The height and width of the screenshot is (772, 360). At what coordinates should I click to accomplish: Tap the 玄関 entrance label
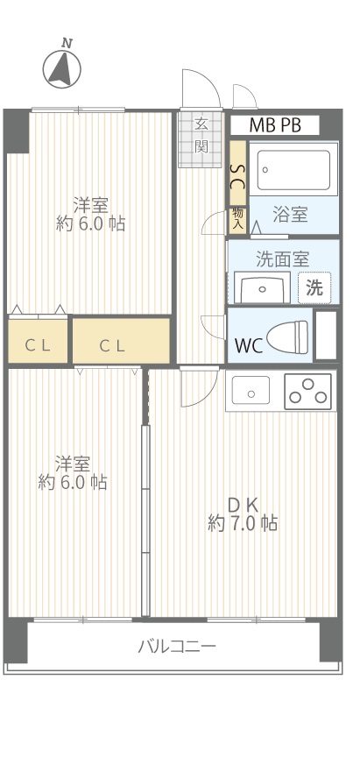(201, 135)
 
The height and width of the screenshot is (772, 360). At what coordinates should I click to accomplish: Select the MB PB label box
(275, 125)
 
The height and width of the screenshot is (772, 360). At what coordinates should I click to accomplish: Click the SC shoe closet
(238, 173)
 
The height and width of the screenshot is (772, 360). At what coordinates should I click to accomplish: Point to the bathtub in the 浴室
(293, 169)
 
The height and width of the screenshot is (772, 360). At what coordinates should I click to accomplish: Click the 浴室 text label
(291, 215)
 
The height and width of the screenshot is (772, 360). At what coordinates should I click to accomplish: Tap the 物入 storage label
(238, 220)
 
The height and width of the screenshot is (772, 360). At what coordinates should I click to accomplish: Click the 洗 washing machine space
(314, 287)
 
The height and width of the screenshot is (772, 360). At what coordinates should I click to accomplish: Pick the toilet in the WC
(287, 336)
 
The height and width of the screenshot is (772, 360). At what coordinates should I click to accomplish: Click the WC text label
(249, 345)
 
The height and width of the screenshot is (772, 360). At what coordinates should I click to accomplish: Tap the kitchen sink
(251, 391)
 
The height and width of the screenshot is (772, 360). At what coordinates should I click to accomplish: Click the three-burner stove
(308, 392)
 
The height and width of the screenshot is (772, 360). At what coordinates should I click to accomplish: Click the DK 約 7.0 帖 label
(243, 514)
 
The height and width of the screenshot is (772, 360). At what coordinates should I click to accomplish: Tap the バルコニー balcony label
(176, 646)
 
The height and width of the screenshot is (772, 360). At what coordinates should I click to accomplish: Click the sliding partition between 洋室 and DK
(145, 521)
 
